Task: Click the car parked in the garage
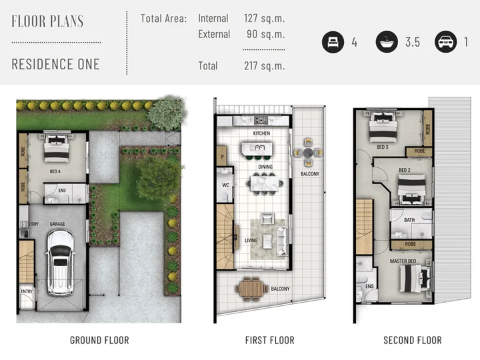(60, 263)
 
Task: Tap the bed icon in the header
(333, 42)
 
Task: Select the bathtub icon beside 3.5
(387, 42)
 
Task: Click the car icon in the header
(445, 42)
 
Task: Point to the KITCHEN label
(261, 133)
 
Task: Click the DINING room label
(265, 167)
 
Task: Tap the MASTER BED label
(403, 261)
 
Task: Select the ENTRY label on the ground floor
(27, 291)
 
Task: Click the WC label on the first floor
(225, 185)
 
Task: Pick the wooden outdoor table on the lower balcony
(251, 289)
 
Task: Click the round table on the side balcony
(308, 152)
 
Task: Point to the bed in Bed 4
(56, 148)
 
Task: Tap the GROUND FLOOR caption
(99, 341)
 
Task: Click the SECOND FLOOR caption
(413, 341)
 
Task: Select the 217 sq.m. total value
(264, 66)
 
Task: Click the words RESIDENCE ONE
(56, 64)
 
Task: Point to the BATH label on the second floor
(409, 220)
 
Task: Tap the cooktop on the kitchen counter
(261, 120)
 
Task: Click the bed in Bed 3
(383, 127)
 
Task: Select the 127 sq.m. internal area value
(264, 19)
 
